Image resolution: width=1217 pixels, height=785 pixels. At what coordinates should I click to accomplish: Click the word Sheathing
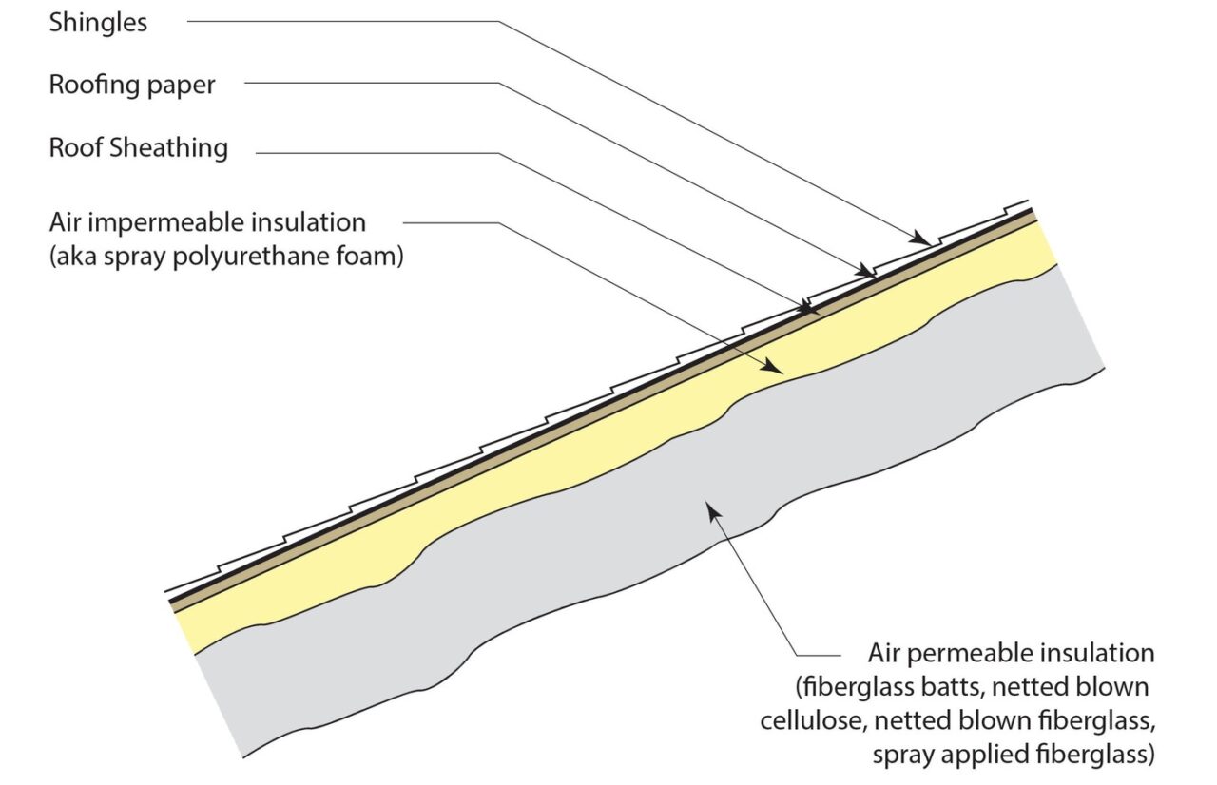pos(168,147)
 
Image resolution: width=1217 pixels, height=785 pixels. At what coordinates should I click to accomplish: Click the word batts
pos(958,687)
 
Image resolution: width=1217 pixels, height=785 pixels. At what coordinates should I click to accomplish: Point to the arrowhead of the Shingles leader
pos(921,239)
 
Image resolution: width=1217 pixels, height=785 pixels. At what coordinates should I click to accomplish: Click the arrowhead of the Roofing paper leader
pos(866,270)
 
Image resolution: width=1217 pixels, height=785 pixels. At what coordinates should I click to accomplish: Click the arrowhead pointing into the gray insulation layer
pos(713,510)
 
